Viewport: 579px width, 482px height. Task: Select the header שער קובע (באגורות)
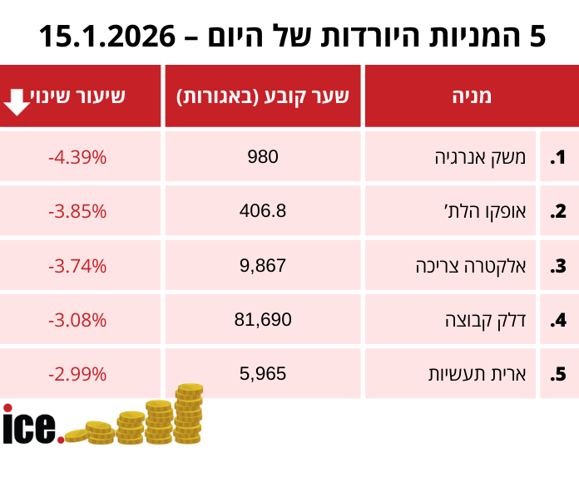[263, 96]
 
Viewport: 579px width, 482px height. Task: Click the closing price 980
[263, 157]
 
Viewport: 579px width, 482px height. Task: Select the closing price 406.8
[263, 211]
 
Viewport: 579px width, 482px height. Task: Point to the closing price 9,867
[263, 266]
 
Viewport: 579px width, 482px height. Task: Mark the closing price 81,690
[263, 320]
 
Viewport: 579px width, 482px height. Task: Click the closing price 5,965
[263, 374]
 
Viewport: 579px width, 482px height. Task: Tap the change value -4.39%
[77, 157]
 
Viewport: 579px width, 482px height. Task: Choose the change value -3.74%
[77, 266]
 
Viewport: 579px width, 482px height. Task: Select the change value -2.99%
[77, 374]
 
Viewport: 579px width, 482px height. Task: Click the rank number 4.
[557, 321]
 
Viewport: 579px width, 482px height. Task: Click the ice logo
[32, 425]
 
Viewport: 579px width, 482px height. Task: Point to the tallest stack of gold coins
[189, 413]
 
